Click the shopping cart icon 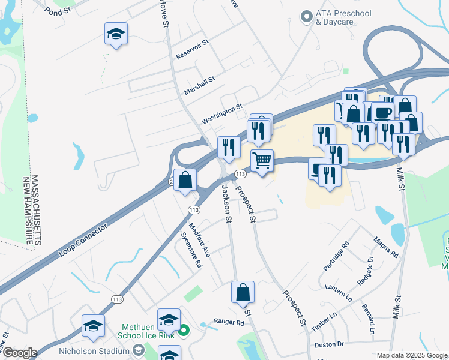point(262,161)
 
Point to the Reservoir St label point(191,50)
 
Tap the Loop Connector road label point(83,241)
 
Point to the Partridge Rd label point(337,256)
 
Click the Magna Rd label point(385,247)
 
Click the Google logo point(19,352)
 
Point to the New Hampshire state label point(26,209)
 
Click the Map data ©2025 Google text point(412,355)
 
